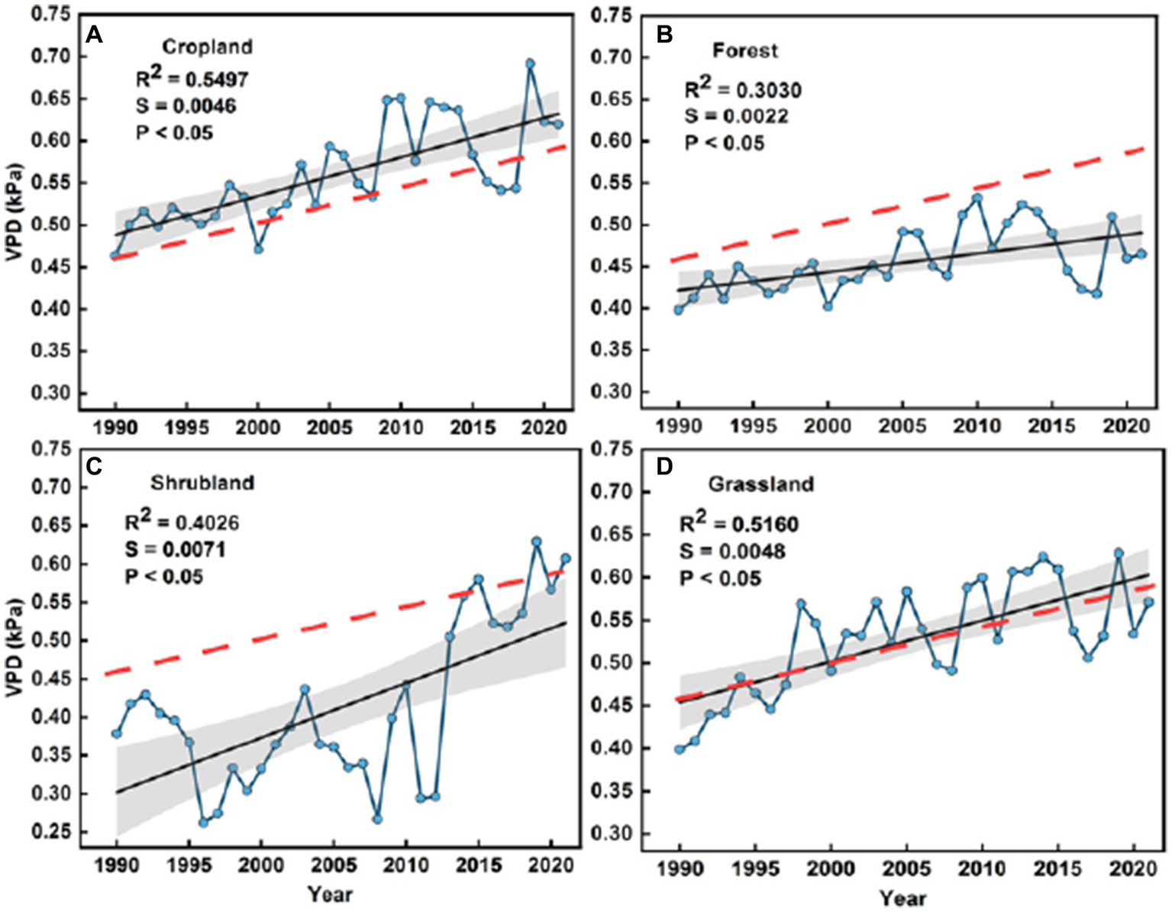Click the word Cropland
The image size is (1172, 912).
[207, 47]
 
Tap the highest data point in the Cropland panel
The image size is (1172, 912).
[530, 63]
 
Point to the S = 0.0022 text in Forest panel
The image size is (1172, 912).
[736, 116]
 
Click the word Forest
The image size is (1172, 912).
[744, 51]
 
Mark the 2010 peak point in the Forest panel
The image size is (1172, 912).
[977, 198]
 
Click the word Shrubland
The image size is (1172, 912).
[202, 483]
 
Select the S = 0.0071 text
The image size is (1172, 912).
[175, 549]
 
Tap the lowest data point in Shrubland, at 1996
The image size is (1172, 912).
[203, 823]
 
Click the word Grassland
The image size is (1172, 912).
[760, 484]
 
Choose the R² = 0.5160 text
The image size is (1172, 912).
[739, 525]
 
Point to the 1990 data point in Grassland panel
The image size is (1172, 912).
[679, 749]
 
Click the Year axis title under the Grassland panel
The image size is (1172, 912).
[902, 898]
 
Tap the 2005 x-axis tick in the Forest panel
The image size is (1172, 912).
[902, 425]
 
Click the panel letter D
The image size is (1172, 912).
[664, 467]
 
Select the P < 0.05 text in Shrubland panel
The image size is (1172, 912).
[163, 576]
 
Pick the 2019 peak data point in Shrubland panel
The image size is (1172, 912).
[537, 542]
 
